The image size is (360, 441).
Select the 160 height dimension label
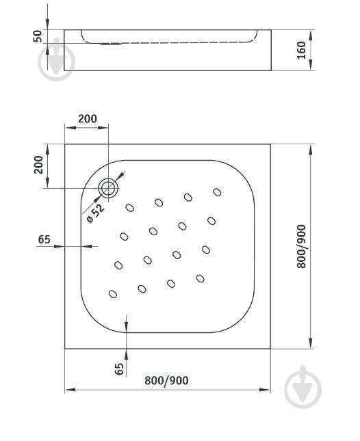coord(301,51)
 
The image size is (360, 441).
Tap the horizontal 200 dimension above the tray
coord(87,118)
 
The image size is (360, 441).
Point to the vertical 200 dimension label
coord(38,165)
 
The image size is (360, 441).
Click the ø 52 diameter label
coord(95,214)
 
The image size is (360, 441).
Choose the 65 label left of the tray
coord(44,239)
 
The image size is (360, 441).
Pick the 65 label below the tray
coord(119,369)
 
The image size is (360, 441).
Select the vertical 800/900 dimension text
coord(301,246)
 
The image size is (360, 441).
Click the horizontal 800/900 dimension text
coord(167,381)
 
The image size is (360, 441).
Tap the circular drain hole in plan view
coord(108,188)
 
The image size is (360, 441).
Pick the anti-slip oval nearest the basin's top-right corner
coord(217,193)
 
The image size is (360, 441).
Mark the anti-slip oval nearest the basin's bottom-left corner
coord(113,295)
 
